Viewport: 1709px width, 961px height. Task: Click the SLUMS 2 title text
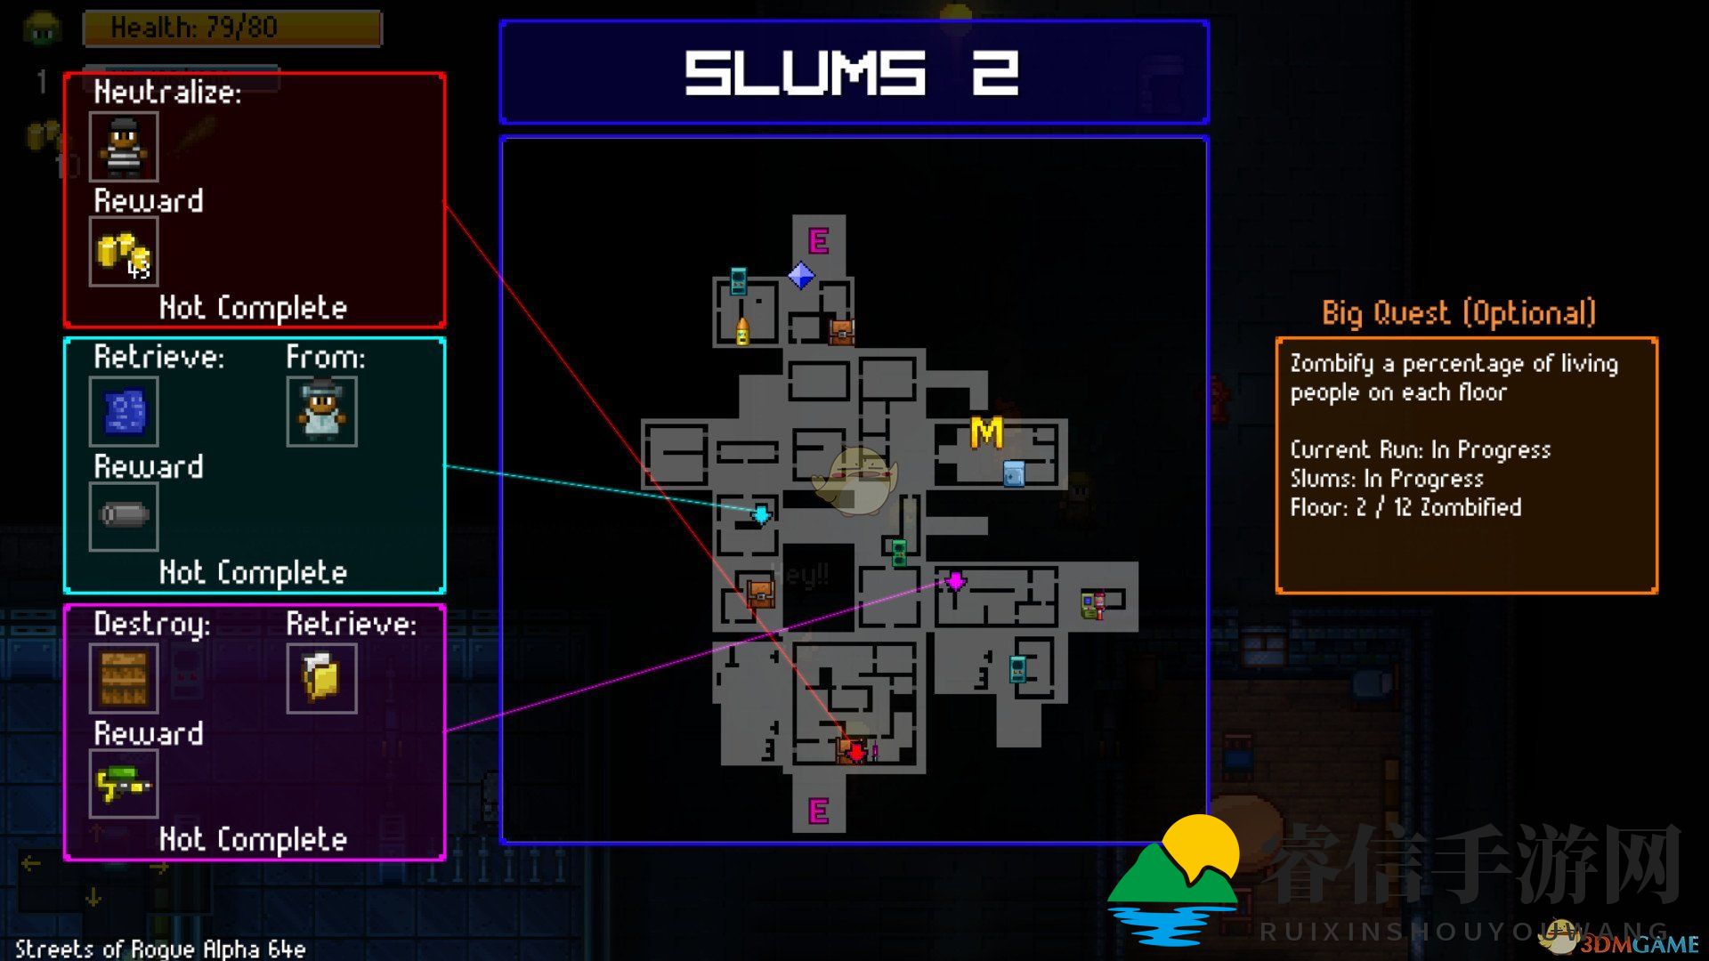pos(852,72)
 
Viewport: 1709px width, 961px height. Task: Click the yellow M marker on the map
pos(985,433)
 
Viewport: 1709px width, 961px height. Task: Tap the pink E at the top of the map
pos(818,240)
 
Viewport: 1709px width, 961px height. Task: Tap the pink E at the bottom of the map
pos(818,811)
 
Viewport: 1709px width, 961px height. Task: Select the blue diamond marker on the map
pos(801,276)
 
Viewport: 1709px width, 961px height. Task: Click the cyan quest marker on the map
pos(762,514)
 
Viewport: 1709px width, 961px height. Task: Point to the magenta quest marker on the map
pos(955,581)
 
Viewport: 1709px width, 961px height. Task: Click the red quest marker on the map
pos(855,753)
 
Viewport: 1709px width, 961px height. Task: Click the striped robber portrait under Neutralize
pos(124,146)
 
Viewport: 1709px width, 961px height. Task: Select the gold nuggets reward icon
pos(124,253)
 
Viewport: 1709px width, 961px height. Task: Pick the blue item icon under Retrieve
pos(124,411)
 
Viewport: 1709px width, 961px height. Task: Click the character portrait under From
pos(321,411)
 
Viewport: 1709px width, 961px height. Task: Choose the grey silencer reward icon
pos(124,516)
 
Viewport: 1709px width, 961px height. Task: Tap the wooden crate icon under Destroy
pos(124,678)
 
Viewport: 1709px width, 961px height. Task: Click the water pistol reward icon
pos(124,784)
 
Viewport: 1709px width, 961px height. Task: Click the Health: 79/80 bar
pos(231,28)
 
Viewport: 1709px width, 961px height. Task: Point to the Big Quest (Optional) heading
pos(1458,313)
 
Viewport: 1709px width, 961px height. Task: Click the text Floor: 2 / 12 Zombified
pos(1405,507)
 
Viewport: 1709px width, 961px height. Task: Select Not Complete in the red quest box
pos(253,308)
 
